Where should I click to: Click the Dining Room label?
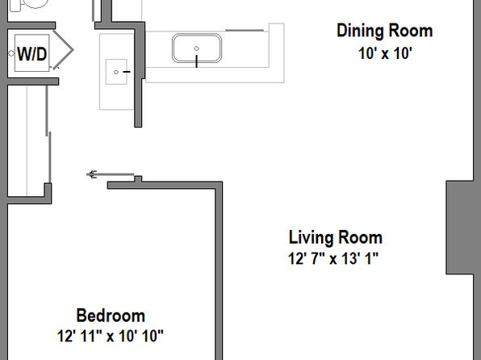(385, 31)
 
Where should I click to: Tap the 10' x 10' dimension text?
(385, 53)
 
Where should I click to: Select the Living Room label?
(336, 237)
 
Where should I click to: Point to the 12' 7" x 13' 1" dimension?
(333, 258)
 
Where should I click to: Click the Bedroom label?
(111, 316)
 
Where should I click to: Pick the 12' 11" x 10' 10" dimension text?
(110, 336)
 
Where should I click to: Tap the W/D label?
(32, 54)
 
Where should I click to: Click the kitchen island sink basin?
(197, 48)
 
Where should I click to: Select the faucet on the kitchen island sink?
(196, 61)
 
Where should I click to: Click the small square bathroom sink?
(116, 72)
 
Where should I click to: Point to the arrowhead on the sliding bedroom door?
(91, 174)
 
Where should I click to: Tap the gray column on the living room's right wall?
(463, 228)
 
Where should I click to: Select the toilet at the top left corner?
(29, 5)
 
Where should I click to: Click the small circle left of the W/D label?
(11, 53)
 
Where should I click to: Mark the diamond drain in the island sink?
(197, 48)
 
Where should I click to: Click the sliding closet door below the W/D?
(48, 135)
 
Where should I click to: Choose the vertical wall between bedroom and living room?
(219, 270)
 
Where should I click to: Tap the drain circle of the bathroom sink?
(116, 72)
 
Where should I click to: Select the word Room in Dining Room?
(411, 31)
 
